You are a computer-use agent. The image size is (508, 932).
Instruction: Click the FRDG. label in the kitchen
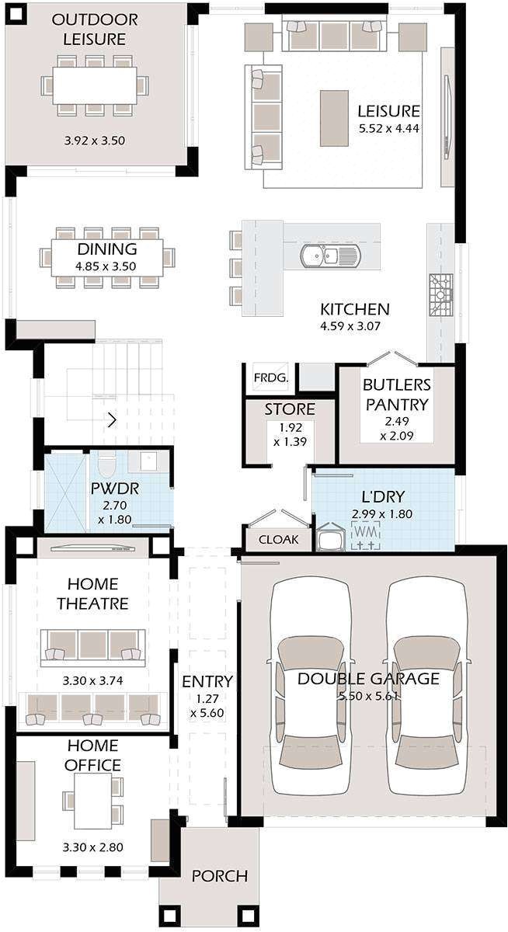click(x=271, y=378)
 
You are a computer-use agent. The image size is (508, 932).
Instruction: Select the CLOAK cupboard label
click(x=278, y=540)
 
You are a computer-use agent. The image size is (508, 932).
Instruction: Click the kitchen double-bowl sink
click(x=330, y=256)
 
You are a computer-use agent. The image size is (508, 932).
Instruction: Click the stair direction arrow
click(x=112, y=420)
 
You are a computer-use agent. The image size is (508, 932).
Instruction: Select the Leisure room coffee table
click(x=334, y=119)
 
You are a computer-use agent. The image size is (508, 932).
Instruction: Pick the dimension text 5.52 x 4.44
click(x=389, y=128)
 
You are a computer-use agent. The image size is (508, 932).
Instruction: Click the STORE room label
click(x=290, y=409)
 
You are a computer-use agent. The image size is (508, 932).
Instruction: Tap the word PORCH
click(x=220, y=876)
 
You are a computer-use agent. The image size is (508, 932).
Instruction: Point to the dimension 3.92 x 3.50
click(x=95, y=141)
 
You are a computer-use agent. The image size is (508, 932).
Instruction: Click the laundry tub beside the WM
click(x=330, y=537)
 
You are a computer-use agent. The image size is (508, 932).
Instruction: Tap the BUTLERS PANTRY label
click(x=396, y=395)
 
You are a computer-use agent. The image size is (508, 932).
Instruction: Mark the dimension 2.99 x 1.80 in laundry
click(x=382, y=514)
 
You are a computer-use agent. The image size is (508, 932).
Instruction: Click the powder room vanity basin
click(x=148, y=461)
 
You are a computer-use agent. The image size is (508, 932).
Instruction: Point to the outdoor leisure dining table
click(x=95, y=85)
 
